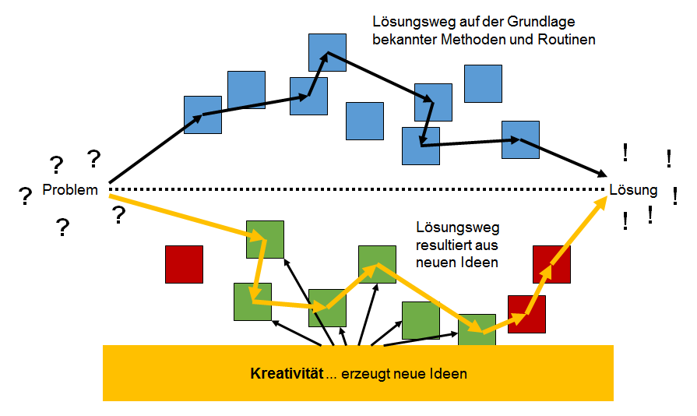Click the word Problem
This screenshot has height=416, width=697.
(70, 190)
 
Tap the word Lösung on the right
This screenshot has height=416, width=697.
(633, 190)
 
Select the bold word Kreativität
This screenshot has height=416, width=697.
(285, 373)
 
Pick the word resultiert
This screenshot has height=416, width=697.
(445, 245)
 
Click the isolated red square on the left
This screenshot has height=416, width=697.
(184, 264)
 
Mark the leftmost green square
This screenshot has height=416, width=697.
(252, 301)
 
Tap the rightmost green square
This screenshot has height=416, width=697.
(477, 331)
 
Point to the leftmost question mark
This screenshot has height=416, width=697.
(25, 197)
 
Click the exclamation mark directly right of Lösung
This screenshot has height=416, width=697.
(674, 195)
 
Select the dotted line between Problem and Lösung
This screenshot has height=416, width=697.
(358, 190)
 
